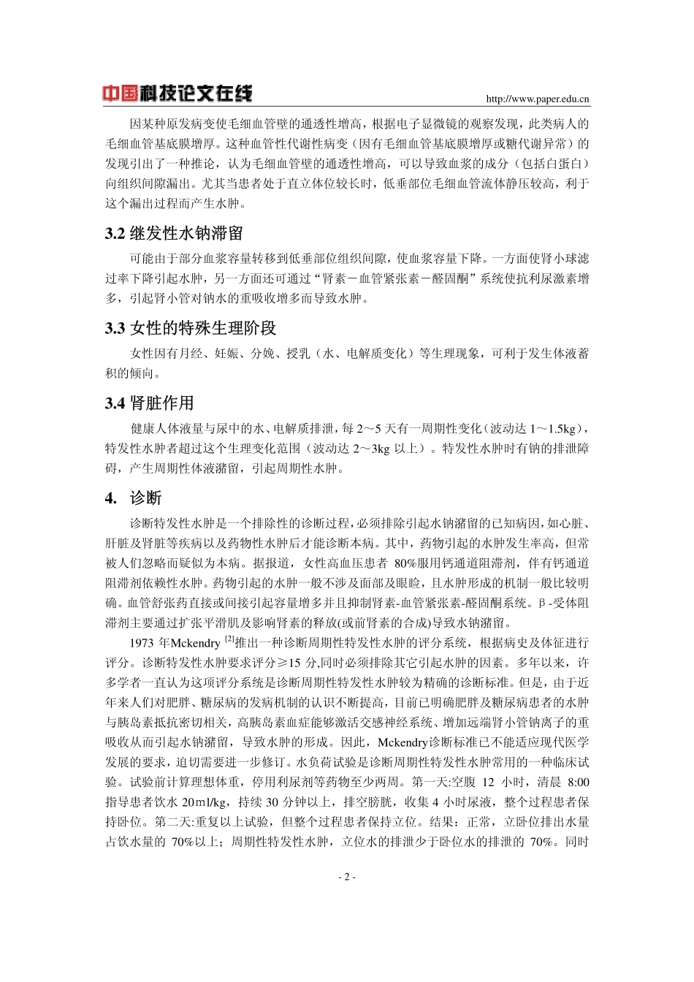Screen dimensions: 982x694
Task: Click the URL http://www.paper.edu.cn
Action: pyautogui.click(x=538, y=99)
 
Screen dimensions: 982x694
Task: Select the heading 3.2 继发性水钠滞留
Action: pyautogui.click(x=174, y=234)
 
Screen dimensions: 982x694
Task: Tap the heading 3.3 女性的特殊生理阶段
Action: pyautogui.click(x=191, y=328)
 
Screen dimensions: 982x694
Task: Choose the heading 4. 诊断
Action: pyautogui.click(x=134, y=498)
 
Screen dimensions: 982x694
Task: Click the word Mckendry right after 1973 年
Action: pyautogui.click(x=195, y=644)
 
